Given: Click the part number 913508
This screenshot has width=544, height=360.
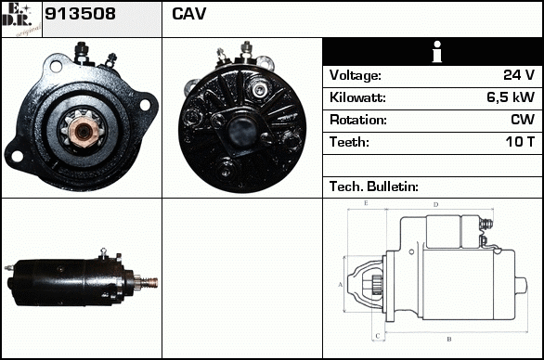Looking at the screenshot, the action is [80, 14].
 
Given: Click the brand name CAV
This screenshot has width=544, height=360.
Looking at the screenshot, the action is [189, 14].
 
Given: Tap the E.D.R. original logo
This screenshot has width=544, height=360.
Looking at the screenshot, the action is [21, 19].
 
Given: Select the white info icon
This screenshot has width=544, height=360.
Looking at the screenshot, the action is [437, 52].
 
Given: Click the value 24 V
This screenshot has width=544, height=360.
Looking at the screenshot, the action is [519, 74].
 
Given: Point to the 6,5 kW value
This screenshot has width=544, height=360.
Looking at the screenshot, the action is [511, 97].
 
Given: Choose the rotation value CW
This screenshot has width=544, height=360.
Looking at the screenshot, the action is [523, 120].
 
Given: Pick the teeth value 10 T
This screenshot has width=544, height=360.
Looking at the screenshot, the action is [520, 142].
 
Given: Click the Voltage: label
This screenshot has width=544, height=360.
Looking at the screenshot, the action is [355, 75].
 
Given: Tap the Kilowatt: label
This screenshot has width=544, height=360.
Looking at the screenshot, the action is [357, 97].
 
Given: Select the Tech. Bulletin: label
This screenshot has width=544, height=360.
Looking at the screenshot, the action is [374, 186].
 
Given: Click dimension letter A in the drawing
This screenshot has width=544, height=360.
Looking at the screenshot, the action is [341, 285].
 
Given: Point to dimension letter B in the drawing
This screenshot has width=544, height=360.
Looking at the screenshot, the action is [449, 340].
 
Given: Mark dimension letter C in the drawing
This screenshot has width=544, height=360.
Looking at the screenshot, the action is [378, 336].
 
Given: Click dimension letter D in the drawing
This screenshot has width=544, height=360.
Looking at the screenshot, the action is [436, 205].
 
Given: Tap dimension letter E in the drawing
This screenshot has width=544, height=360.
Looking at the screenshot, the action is [366, 203].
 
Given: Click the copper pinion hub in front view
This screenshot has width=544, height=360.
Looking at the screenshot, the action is [83, 131].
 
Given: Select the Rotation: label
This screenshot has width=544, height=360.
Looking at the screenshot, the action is [357, 120].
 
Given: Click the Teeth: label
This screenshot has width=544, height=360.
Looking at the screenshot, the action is [349, 142].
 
